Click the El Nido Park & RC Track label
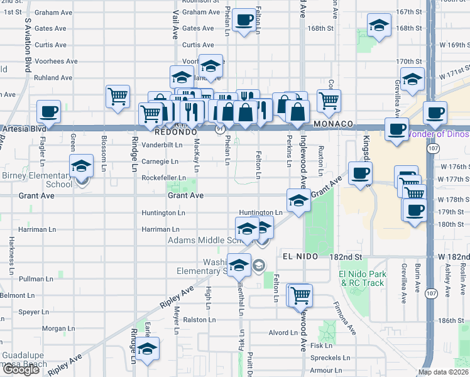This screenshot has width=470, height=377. click(x=361, y=278)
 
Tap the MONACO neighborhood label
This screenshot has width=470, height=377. click(x=331, y=124)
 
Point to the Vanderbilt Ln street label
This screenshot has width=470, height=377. click(x=161, y=144)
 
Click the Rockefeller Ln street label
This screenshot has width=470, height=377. click(x=165, y=178)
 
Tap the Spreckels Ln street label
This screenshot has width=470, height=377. click(x=329, y=358)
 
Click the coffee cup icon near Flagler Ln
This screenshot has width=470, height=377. click(x=48, y=112)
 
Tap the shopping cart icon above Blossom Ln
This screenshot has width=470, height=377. click(x=117, y=97)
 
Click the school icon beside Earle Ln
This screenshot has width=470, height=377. click(x=148, y=349)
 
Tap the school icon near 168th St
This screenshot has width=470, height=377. click(x=378, y=26)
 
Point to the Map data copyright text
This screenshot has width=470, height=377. click(x=443, y=372)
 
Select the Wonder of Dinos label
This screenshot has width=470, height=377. click(x=438, y=134)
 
